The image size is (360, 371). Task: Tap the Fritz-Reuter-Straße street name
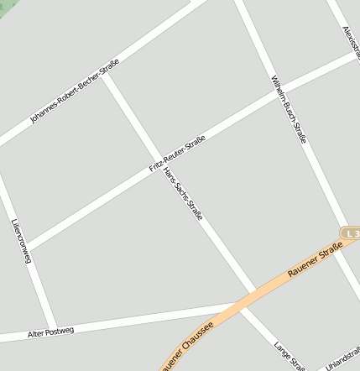177,155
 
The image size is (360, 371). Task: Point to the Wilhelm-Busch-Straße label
289,109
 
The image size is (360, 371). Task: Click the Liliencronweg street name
22,243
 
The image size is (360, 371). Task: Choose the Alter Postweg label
50,332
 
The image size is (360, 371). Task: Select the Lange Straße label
290,356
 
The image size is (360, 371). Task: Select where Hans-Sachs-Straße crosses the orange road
249,295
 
